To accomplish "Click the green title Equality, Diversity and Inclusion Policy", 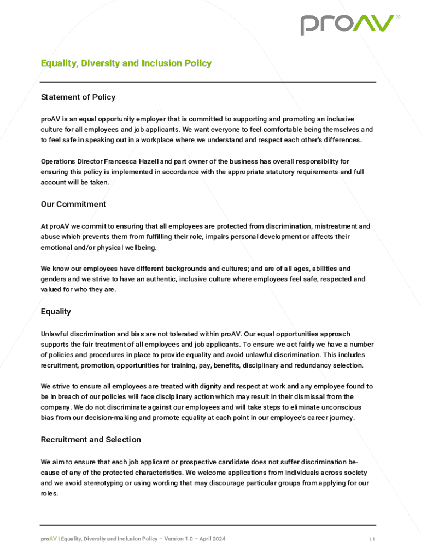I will (126, 63).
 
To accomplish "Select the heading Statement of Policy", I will (78, 97).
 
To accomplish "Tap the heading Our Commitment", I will (73, 205).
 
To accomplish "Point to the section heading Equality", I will (56, 312).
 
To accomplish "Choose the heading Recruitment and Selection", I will (91, 440).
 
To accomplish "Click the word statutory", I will (274, 172).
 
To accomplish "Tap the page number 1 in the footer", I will (374, 539).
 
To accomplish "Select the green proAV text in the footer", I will (49, 539).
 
